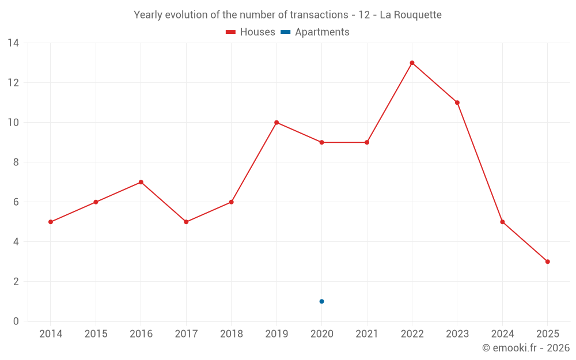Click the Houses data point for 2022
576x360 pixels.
click(412, 63)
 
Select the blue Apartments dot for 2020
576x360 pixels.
click(321, 301)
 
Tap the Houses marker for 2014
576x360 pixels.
click(51, 222)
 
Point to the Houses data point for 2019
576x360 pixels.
click(276, 122)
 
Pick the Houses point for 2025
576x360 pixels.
click(547, 262)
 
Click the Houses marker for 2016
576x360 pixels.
click(141, 182)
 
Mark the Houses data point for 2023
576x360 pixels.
click(457, 103)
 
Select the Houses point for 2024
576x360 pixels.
click(502, 222)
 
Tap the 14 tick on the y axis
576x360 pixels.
click(13, 43)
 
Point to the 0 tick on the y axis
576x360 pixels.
click(16, 321)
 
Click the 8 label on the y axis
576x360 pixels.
click(16, 162)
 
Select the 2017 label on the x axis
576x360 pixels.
click(186, 334)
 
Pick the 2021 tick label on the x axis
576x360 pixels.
click(367, 334)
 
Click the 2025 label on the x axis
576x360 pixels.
click(547, 334)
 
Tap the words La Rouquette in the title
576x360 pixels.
click(411, 15)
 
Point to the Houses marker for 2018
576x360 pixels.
click(231, 202)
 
